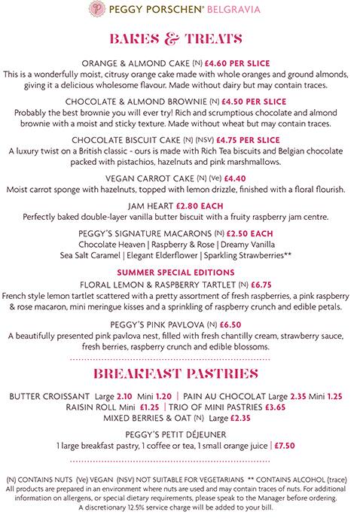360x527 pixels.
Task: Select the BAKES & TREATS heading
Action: coord(179,38)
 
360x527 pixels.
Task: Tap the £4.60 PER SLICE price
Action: coord(231,64)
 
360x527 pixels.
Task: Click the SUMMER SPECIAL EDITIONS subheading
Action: coord(180,272)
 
